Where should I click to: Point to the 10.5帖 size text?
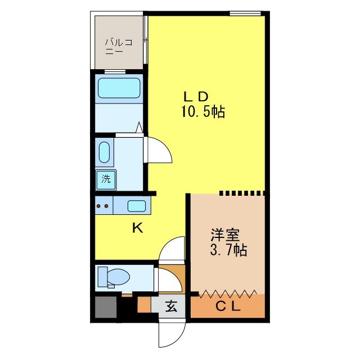click(x=202, y=112)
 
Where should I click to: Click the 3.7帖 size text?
click(x=228, y=250)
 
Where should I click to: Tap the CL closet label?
click(x=228, y=307)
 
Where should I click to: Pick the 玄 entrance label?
click(x=171, y=307)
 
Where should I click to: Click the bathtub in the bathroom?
click(x=119, y=88)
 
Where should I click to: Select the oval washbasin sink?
click(x=105, y=152)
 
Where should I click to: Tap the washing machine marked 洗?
click(x=105, y=179)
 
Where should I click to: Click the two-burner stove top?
click(x=103, y=206)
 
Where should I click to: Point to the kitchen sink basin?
click(x=137, y=206)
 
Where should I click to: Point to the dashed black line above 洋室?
click(x=241, y=193)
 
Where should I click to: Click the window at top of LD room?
click(x=245, y=13)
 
